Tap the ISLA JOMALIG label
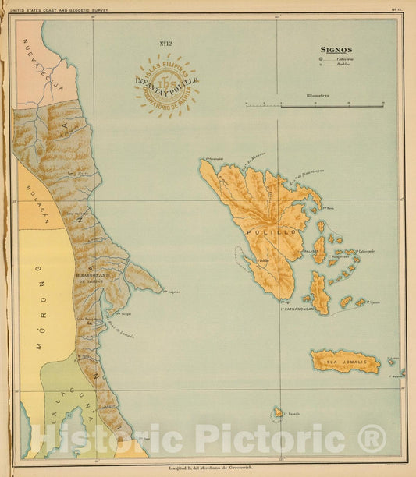pyautogui.click(x=344, y=361)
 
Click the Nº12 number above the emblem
pyautogui.click(x=165, y=48)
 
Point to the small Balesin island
pyautogui.click(x=277, y=412)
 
